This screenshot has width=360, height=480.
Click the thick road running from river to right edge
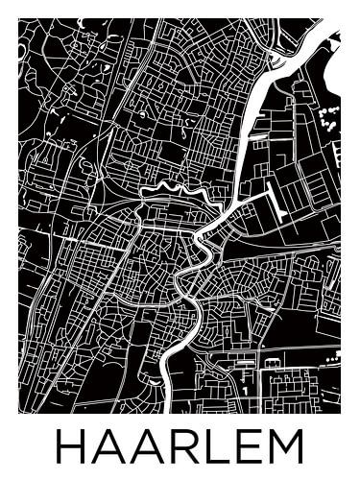[x=288, y=252]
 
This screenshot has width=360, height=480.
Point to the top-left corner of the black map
[x=19, y=20]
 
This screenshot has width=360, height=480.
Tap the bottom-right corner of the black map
[x=340, y=413]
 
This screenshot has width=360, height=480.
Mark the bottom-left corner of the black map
[x=19, y=413]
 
